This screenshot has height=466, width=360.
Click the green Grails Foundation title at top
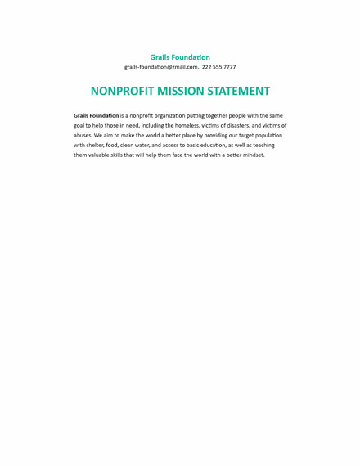[x=180, y=57]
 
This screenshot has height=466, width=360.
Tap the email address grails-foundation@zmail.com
[x=161, y=67]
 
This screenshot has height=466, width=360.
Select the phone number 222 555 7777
[x=218, y=67]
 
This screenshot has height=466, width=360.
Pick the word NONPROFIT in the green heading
[x=117, y=91]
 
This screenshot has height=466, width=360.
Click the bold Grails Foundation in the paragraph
[x=96, y=116]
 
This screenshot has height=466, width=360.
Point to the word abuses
[x=83, y=136]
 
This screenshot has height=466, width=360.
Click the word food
[x=112, y=146]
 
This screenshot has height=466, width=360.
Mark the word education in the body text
[x=212, y=146]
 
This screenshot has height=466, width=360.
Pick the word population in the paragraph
[x=267, y=136]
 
